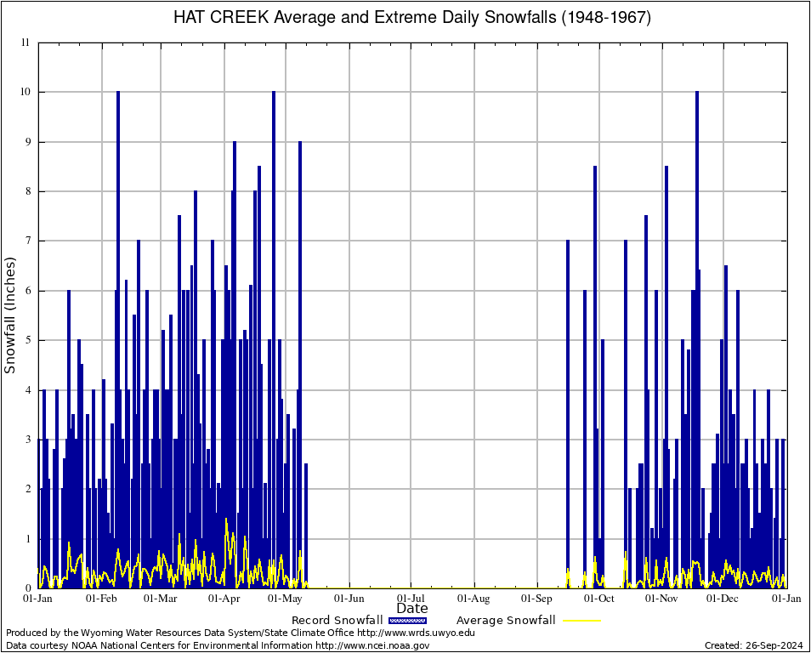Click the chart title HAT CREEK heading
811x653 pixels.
412,18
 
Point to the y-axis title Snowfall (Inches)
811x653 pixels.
10,315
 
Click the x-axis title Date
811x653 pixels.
412,608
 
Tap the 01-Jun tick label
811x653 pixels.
349,599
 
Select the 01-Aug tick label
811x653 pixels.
474,599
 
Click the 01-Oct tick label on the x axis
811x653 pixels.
599,599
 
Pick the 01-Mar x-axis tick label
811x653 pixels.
160,599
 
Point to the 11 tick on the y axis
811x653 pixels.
26,43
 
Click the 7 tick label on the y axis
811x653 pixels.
28,241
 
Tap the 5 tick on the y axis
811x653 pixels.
28,340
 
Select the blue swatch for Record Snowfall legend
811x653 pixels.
408,620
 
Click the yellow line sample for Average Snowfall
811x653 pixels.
581,620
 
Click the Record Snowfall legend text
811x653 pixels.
337,620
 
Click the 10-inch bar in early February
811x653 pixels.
118,340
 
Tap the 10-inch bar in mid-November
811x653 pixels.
697,340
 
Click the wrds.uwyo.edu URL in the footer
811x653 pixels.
416,633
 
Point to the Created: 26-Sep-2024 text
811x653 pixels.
754,645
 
